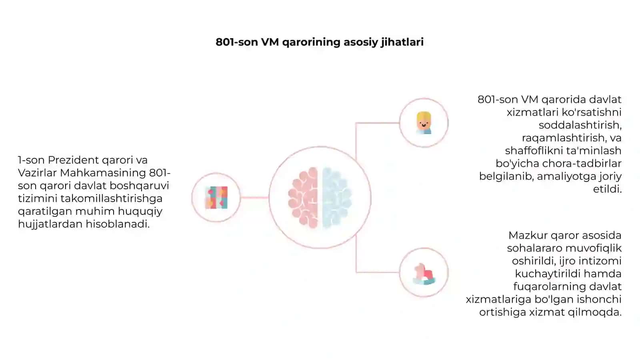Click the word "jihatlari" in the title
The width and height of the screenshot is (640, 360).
point(402,42)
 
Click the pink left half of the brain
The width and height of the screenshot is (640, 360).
point(303,198)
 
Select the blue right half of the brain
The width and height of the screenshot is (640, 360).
point(337,198)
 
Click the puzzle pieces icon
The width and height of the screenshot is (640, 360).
point(216,198)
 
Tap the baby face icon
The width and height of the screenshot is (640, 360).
point(424,123)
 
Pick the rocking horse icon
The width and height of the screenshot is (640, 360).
point(424,274)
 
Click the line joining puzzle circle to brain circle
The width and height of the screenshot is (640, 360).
point(254,198)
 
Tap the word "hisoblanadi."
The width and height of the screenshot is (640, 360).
point(118,224)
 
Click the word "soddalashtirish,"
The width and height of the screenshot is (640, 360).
point(580,125)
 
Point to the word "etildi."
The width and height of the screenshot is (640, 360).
point(607,189)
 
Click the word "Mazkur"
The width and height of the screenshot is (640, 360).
point(528,236)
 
